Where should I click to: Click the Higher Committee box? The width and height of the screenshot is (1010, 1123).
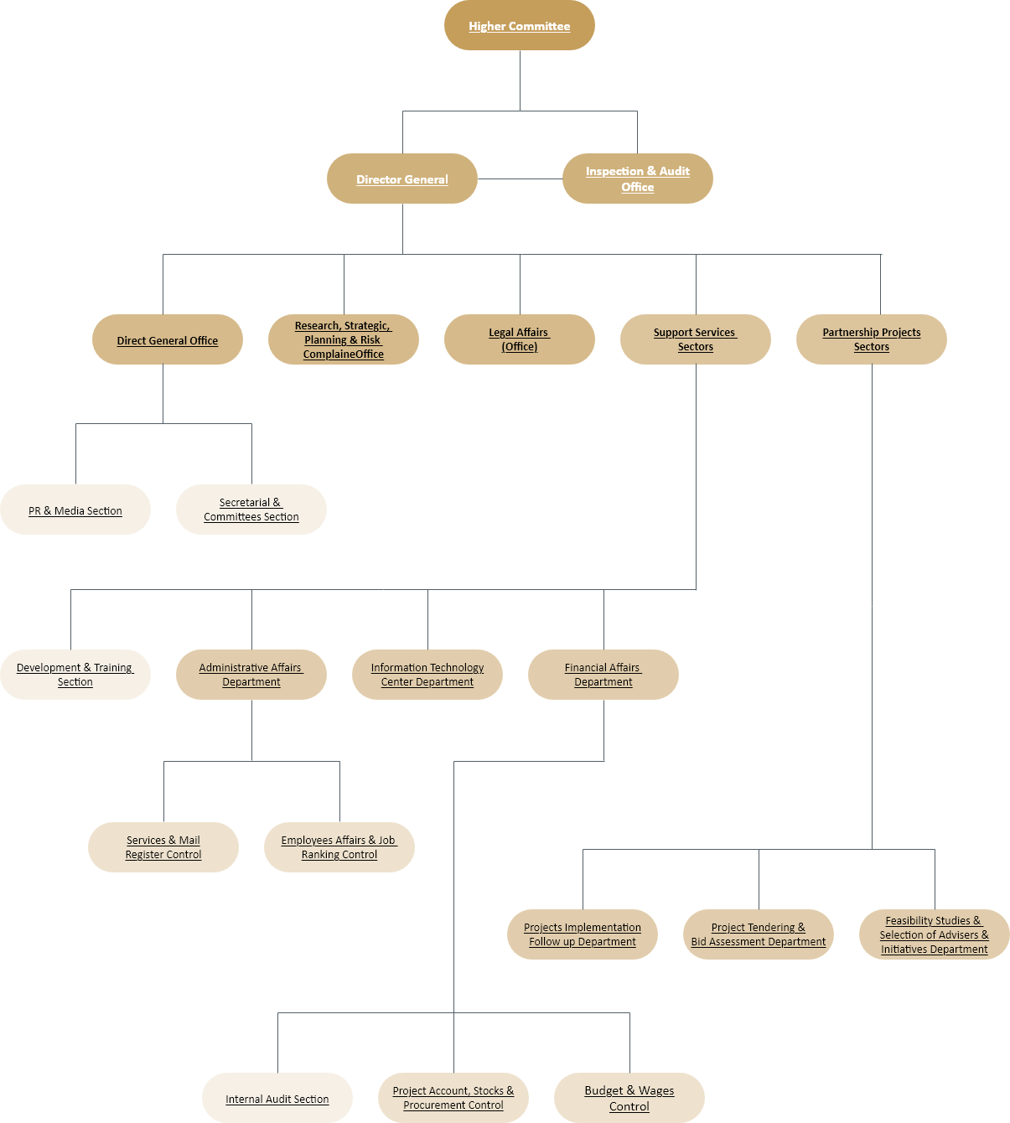pos(519,25)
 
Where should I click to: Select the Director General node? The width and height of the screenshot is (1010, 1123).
pos(402,179)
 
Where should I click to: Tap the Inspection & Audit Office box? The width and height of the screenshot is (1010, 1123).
pos(637,179)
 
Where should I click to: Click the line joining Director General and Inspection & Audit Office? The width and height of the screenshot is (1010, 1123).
pos(520,179)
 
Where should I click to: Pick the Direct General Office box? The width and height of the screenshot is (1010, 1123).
pos(168,339)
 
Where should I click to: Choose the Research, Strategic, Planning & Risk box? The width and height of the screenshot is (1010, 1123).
pos(343,339)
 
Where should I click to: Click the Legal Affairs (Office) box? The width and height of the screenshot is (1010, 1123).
pos(519,339)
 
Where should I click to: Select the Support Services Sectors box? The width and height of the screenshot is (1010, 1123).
pos(696,339)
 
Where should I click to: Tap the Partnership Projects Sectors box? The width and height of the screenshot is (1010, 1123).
pos(871,339)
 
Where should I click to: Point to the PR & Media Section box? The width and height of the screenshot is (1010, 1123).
pos(75,510)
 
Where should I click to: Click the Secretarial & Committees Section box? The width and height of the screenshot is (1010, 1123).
pos(251,510)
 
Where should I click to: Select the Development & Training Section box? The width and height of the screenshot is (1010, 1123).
pos(75,675)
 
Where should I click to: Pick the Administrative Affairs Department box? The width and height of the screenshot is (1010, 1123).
pos(251,675)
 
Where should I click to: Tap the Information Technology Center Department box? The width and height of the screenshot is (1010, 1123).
pos(427,675)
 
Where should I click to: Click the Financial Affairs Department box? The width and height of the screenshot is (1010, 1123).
pos(603,675)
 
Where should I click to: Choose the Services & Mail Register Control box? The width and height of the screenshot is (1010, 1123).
pos(163,847)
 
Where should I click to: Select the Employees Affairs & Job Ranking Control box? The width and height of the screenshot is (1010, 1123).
pos(339,847)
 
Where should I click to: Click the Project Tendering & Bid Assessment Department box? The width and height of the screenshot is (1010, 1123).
pos(758,934)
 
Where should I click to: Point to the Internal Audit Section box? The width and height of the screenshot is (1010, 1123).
pos(277,1098)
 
